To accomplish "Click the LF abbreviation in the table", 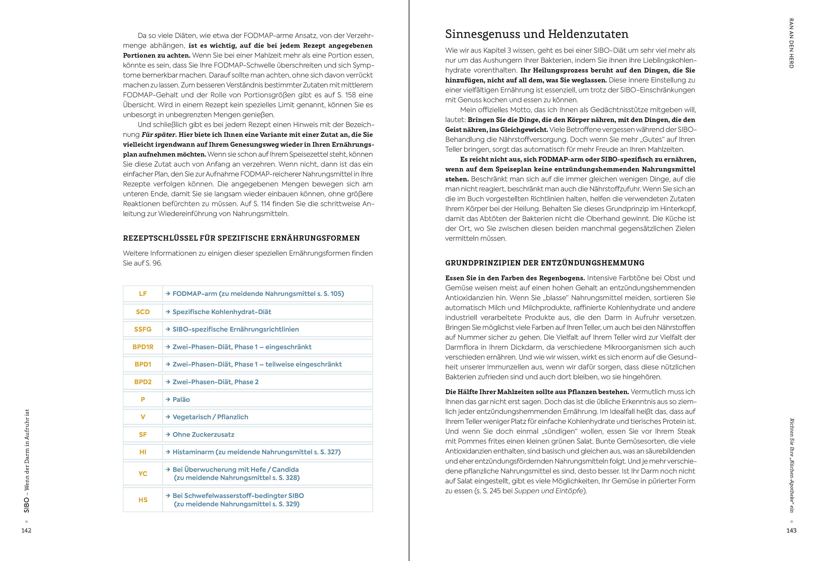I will (143, 294).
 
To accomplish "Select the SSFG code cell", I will (143, 329).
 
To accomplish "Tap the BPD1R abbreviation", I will (143, 347).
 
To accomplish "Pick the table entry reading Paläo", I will (181, 399).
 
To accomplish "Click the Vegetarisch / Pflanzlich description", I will (210, 417).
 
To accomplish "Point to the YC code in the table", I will (143, 474).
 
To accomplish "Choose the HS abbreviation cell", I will (143, 500).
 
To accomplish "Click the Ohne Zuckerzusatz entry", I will (203, 435).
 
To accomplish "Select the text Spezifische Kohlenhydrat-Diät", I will (222, 312).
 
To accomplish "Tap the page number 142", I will (27, 530).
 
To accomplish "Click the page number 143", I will (791, 530).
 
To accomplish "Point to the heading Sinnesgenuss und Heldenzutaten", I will (536, 34).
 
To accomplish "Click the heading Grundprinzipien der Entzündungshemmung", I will (544, 263).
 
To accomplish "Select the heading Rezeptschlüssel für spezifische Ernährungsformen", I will (241, 238).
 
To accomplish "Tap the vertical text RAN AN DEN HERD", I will (791, 43).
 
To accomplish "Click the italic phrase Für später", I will (158, 135).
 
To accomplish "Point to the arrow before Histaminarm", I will (168, 452).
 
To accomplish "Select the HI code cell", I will (143, 452).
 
